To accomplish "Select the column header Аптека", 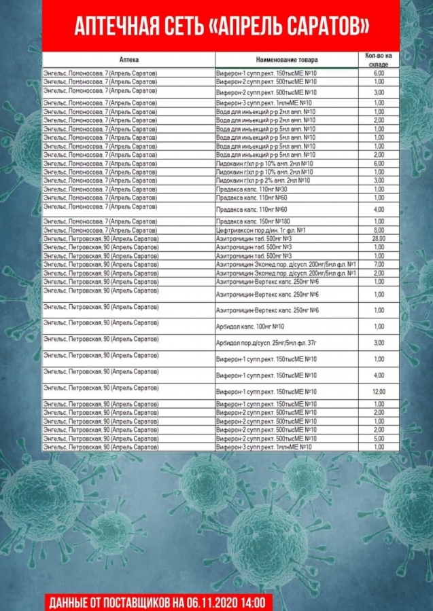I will tap(128, 60).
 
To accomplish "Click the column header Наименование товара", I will tap(287, 60).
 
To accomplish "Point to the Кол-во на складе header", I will tap(379, 59).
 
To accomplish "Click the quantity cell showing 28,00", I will tap(379, 239).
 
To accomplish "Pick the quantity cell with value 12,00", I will tap(379, 392).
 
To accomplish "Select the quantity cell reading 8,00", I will tap(379, 230).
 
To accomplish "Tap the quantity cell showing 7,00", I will tap(379, 264).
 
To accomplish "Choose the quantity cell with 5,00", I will tap(379, 439).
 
